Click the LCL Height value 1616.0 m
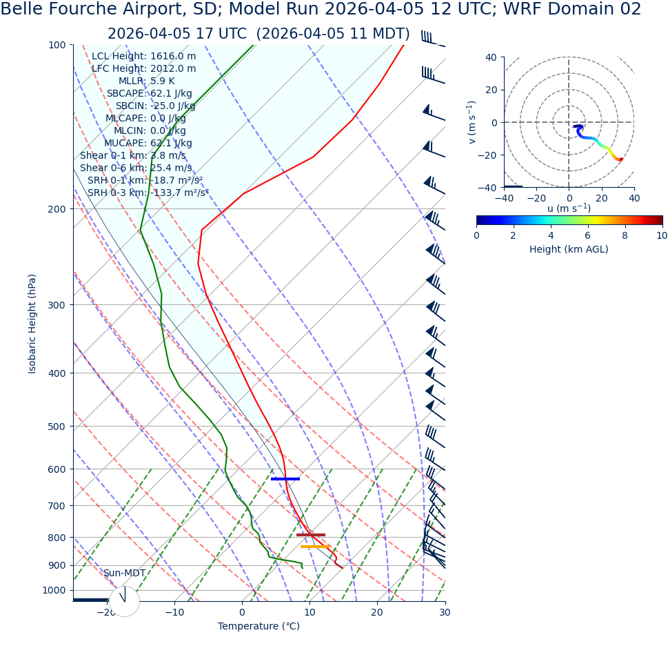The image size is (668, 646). click(172, 57)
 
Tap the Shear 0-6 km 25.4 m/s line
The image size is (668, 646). click(136, 168)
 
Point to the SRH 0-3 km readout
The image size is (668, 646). click(148, 193)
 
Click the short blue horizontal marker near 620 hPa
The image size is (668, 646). click(285, 478)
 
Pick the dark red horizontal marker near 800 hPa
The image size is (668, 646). click(310, 535)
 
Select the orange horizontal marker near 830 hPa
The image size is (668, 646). click(314, 547)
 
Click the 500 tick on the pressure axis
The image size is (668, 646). click(57, 427)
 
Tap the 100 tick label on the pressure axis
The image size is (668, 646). click(57, 45)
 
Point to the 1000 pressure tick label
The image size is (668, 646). click(54, 590)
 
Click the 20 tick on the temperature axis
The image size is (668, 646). click(377, 612)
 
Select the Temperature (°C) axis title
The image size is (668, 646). click(259, 627)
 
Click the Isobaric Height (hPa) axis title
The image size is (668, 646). click(32, 324)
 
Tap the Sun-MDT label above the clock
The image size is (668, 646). click(124, 574)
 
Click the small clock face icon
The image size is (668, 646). click(124, 601)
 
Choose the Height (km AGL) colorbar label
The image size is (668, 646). click(569, 249)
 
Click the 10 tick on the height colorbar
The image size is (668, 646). click(662, 235)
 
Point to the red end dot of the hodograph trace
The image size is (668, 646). click(620, 159)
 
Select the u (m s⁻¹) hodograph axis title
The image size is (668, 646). click(569, 209)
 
